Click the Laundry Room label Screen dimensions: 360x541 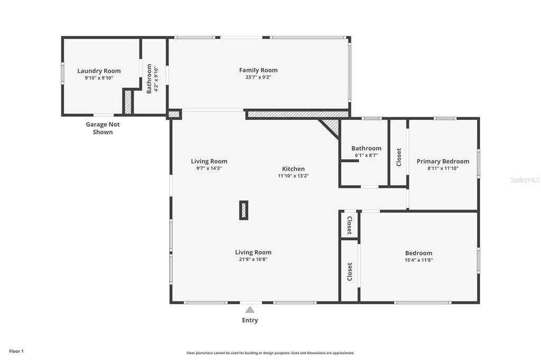[x=99, y=71]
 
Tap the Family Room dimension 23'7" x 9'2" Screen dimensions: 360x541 [x=258, y=77]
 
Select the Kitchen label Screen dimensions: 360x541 [x=293, y=169]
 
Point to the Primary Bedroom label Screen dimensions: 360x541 [x=443, y=162]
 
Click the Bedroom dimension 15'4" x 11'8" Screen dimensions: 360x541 [x=418, y=260]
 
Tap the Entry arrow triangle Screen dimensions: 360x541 [x=250, y=310]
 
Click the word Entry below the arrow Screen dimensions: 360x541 [x=250, y=320]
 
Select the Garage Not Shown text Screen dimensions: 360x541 [x=102, y=128]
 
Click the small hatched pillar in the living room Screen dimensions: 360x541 [x=244, y=210]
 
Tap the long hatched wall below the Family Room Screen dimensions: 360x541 [x=298, y=114]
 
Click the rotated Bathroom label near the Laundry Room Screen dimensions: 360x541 [x=149, y=79]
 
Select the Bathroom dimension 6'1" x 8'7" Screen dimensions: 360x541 [x=366, y=155]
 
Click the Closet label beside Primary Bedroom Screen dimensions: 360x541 [x=399, y=157]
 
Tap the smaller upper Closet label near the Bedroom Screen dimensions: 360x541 [x=349, y=225]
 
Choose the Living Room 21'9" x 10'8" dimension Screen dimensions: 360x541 [x=253, y=259]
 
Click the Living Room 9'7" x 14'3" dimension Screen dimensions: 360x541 [x=209, y=168]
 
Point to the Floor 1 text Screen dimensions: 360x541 [x=16, y=351]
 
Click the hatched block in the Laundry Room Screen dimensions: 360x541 [x=127, y=102]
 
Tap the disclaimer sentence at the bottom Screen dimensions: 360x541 [x=270, y=353]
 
